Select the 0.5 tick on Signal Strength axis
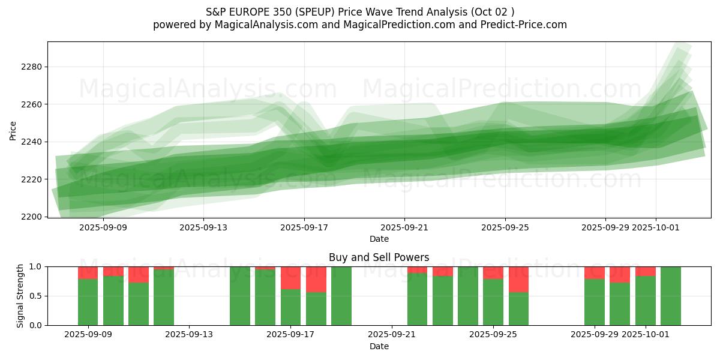coord(35,296)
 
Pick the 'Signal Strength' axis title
coord(20,296)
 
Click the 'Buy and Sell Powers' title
coord(379,257)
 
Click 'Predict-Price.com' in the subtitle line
coord(520,25)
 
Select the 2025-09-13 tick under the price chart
coord(203,227)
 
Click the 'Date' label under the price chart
coord(379,239)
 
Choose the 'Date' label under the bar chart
coord(379,346)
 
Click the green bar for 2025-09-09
coord(88,302)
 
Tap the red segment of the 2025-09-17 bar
coord(290,277)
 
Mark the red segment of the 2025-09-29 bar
coord(595,272)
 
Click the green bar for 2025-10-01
coord(646,300)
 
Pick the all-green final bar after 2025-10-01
coord(671,296)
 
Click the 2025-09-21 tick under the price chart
coord(404,227)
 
